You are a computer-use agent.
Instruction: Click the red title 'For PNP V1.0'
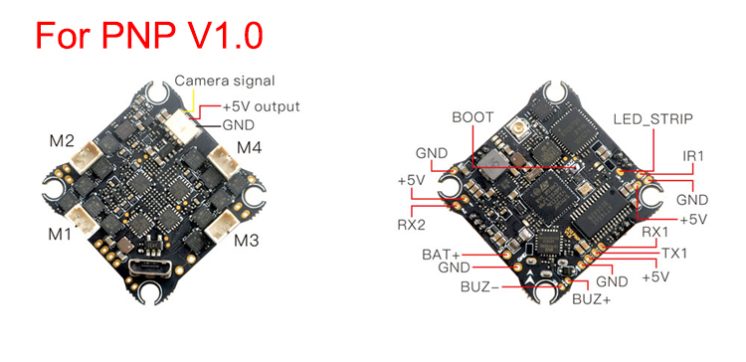click(x=149, y=34)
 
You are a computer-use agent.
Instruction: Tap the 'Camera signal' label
click(x=225, y=81)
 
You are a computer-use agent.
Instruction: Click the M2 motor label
click(x=63, y=141)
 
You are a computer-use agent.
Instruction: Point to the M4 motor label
click(x=250, y=148)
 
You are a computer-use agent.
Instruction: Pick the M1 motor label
click(x=60, y=234)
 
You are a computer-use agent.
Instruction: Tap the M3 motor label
click(x=247, y=241)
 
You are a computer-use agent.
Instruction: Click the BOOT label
click(x=472, y=117)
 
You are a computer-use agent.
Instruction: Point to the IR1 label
click(x=692, y=155)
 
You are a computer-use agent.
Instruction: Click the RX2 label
click(x=411, y=225)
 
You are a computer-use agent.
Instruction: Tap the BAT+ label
click(x=440, y=255)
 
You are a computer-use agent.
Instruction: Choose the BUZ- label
click(x=479, y=287)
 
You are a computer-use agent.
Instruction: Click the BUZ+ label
click(x=591, y=299)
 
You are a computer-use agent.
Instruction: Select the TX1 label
click(x=674, y=253)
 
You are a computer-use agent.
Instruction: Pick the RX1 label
click(x=655, y=232)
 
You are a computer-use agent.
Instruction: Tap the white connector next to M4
click(x=224, y=159)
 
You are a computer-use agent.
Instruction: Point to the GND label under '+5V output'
click(x=239, y=125)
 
